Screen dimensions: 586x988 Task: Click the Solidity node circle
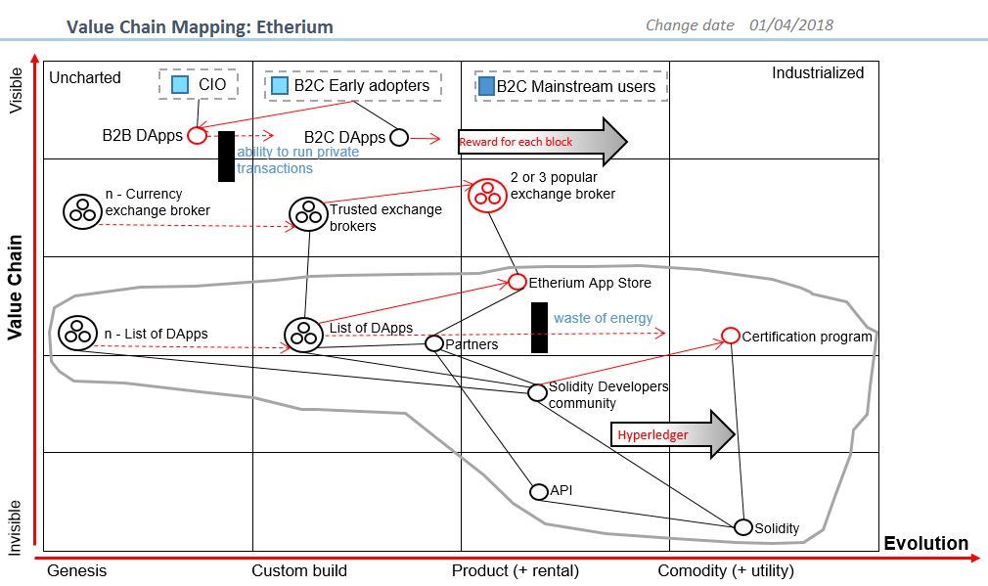[x=743, y=527]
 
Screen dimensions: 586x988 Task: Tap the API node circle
[x=538, y=491]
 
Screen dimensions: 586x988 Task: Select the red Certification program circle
[x=730, y=336]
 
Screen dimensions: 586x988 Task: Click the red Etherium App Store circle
[x=517, y=282]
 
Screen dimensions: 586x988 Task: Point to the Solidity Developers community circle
[x=537, y=392]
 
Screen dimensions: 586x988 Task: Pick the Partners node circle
[x=434, y=342]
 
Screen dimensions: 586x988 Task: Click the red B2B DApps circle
[x=197, y=135]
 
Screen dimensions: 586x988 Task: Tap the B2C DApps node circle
[x=399, y=137]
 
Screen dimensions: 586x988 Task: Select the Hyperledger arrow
[x=674, y=433]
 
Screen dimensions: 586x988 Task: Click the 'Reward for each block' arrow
[x=542, y=142]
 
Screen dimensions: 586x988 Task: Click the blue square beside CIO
[x=180, y=85]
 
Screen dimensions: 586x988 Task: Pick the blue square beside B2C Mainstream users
[x=486, y=86]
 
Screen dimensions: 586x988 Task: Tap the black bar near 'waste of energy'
[x=538, y=328]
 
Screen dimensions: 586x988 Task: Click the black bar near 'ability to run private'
[x=226, y=157]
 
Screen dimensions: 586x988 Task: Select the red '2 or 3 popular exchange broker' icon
[x=486, y=195]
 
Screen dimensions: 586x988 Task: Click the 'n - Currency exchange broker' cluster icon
[x=80, y=210]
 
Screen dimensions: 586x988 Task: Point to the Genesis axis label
[x=76, y=570]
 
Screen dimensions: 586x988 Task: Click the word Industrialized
[x=818, y=73]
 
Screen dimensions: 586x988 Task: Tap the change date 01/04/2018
[x=792, y=25]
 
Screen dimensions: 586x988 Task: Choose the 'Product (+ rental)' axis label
[x=515, y=570]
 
